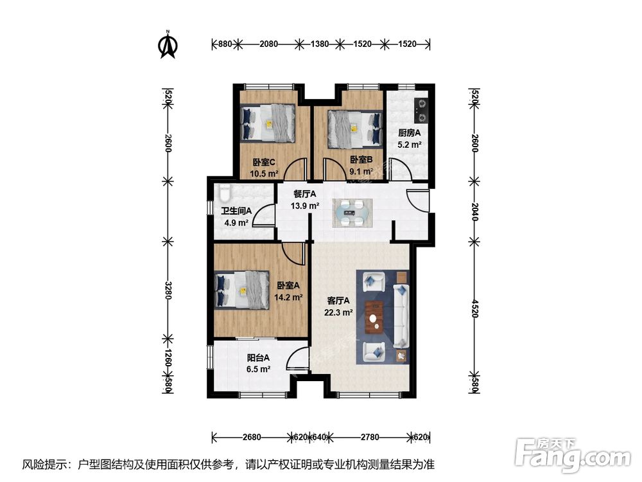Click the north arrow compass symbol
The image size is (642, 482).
click(168, 45)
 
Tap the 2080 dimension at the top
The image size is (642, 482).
click(268, 44)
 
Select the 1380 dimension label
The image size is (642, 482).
click(320, 44)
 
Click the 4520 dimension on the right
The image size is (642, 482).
click(474, 308)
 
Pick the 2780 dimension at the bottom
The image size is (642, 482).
click(370, 437)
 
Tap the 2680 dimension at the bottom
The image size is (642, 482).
click(252, 437)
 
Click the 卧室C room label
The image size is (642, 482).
click(264, 163)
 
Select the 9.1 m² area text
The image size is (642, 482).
click(361, 172)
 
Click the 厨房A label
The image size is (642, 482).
click(410, 133)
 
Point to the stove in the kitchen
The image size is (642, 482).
click(421, 111)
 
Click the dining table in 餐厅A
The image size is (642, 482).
click(352, 212)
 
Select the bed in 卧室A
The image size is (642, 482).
click(241, 290)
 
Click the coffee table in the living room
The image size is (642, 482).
click(374, 315)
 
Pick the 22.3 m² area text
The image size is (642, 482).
click(338, 312)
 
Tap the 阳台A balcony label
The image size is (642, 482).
click(258, 358)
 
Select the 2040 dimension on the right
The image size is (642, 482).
click(474, 211)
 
